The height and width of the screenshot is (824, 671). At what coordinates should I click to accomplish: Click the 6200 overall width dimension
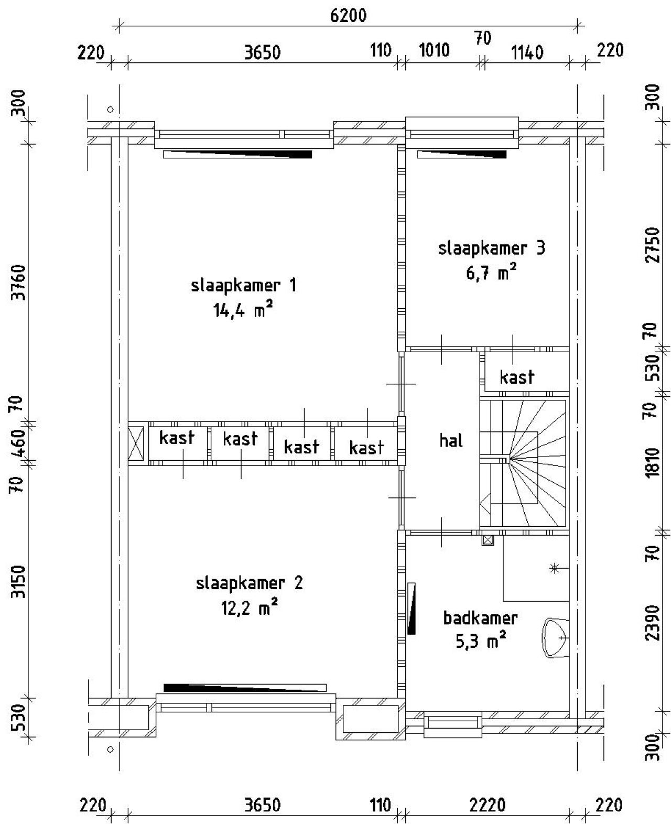point(348,16)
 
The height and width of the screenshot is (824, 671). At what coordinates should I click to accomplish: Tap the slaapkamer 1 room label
point(244,286)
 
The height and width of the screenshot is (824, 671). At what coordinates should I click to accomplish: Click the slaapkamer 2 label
point(249,583)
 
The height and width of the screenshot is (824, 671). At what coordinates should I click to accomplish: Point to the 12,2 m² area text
point(248,608)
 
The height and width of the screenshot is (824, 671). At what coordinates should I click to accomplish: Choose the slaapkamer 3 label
point(491,247)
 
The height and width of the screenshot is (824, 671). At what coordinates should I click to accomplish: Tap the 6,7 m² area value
point(491,273)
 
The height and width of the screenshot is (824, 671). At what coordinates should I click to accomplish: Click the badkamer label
point(480,618)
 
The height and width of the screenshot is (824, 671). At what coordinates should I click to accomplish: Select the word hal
point(451,440)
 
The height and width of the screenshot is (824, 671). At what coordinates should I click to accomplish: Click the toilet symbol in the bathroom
point(555,638)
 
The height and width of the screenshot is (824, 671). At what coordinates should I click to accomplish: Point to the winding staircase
point(523,463)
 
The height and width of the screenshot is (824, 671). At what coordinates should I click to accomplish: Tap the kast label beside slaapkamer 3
point(517,377)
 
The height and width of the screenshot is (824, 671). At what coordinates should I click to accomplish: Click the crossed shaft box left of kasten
point(136,443)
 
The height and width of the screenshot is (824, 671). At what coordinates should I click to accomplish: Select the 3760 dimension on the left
point(19,282)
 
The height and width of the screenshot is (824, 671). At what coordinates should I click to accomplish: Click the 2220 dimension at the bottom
point(487,805)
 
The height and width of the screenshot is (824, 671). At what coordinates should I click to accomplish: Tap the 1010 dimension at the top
point(434,50)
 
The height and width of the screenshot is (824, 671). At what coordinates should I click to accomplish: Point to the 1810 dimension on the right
point(652,462)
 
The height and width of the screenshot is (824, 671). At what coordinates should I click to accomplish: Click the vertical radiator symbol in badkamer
point(412,609)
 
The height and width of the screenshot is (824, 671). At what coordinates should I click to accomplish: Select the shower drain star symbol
point(554,568)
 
